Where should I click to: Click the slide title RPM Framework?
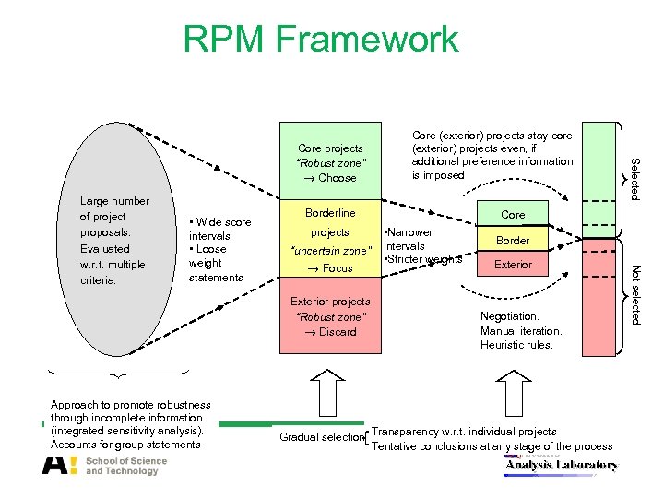tap(320, 40)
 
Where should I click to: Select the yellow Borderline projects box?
tap(331, 240)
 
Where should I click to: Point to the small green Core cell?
tap(513, 214)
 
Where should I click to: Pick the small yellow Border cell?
tap(513, 240)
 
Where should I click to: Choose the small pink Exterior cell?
tap(513, 265)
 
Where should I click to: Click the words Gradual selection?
tap(321, 437)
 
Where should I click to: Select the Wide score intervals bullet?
tap(219, 229)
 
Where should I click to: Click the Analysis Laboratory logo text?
tap(561, 466)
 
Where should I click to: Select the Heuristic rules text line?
tap(516, 345)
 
